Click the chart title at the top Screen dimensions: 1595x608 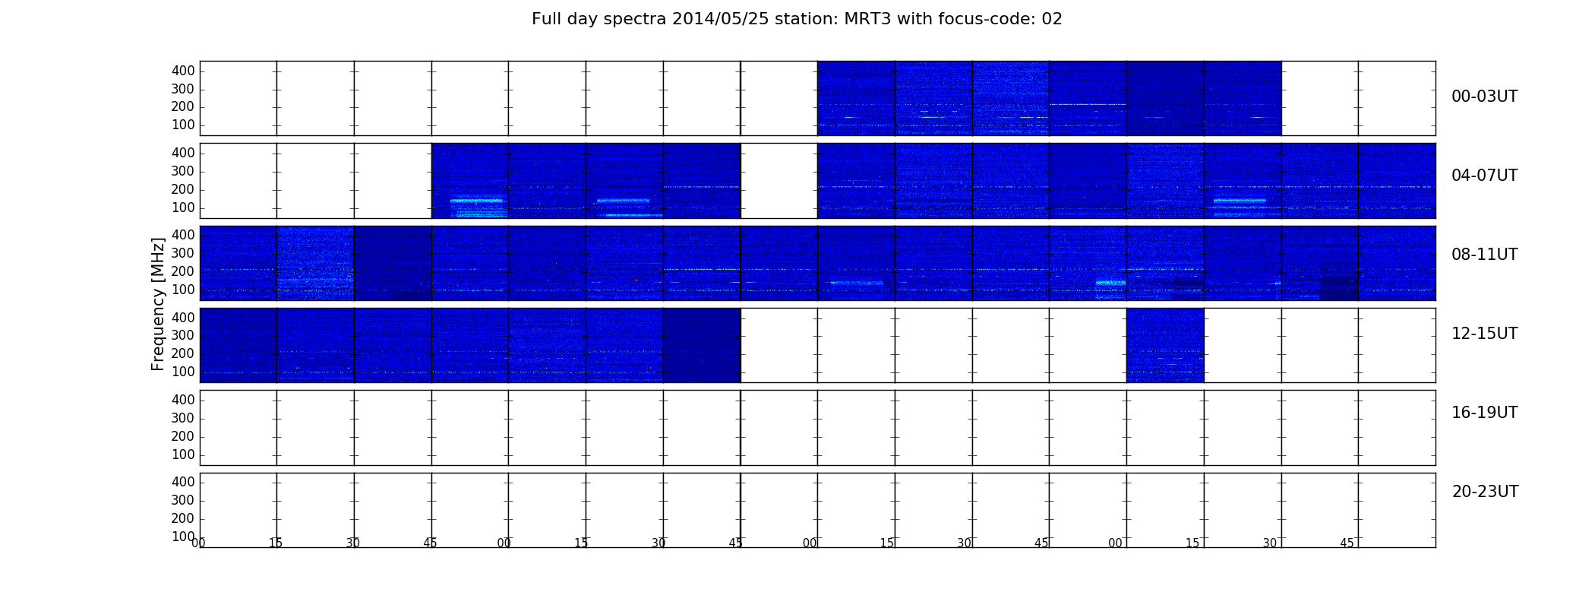[x=797, y=19]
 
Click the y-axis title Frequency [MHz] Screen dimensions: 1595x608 [x=158, y=304]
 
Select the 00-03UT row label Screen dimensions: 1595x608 [x=1484, y=97]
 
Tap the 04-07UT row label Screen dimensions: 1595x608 [x=1484, y=176]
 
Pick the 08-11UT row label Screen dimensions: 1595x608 [x=1484, y=255]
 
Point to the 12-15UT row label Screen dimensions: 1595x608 [x=1484, y=334]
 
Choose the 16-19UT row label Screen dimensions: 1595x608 [x=1484, y=413]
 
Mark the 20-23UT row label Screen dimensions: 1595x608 [x=1485, y=492]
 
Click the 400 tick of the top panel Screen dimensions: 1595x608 [x=183, y=71]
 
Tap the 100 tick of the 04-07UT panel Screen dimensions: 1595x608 [x=183, y=207]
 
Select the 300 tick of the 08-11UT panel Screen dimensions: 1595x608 [x=183, y=253]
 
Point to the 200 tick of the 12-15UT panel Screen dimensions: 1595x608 [x=183, y=353]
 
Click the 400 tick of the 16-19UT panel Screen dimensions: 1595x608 [x=183, y=400]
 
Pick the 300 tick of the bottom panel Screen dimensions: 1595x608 [x=183, y=500]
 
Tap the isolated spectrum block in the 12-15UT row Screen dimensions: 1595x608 [x=1165, y=345]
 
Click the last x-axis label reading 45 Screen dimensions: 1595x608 [x=1347, y=543]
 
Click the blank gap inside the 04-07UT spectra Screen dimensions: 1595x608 [x=779, y=181]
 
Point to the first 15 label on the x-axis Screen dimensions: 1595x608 [x=276, y=543]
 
